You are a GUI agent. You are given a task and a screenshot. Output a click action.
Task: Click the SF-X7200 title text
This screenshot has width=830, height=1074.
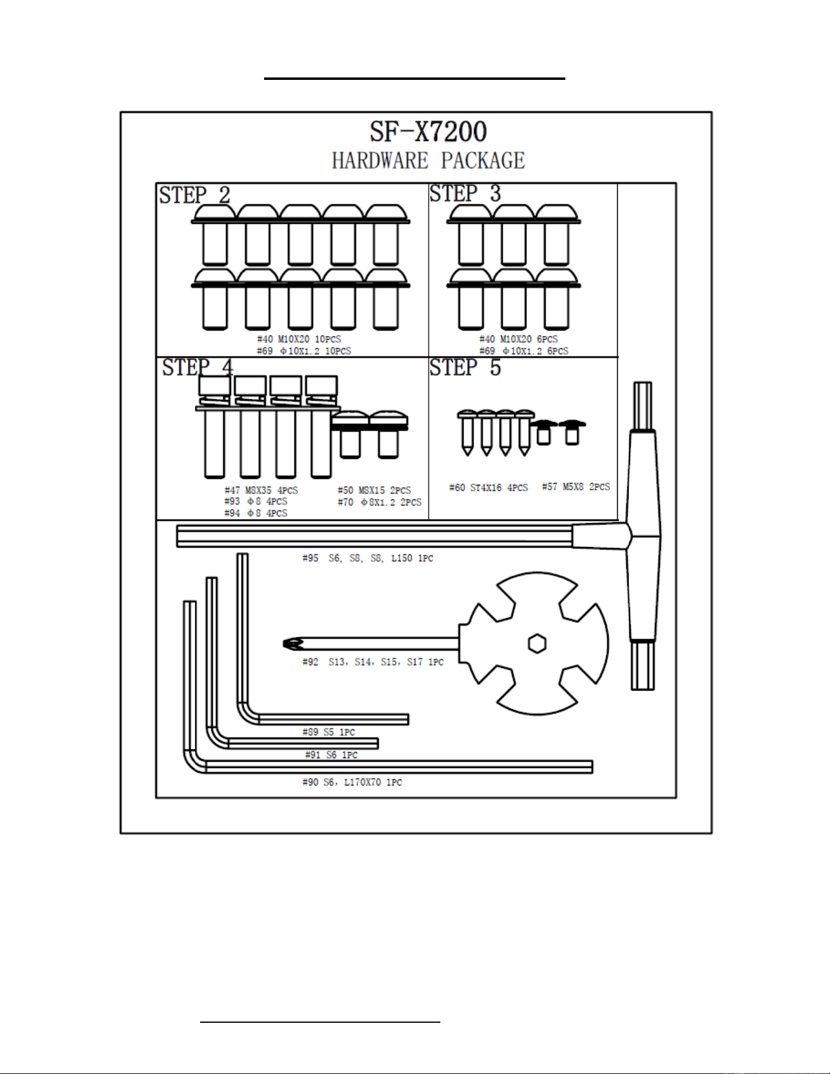[x=428, y=132]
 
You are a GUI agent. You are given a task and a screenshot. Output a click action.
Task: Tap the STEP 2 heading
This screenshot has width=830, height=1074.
[x=195, y=195]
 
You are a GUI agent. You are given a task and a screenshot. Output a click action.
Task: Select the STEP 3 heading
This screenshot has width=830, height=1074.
[x=465, y=193]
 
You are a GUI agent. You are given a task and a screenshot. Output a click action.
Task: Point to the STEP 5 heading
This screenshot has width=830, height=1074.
[x=465, y=367]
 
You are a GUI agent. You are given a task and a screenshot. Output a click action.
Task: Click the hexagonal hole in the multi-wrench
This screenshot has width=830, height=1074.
[x=537, y=643]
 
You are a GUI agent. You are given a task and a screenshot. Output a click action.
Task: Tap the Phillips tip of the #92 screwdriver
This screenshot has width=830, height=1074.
[x=293, y=643]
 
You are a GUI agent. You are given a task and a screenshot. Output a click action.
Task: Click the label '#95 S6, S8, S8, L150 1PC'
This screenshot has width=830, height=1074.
[x=368, y=558]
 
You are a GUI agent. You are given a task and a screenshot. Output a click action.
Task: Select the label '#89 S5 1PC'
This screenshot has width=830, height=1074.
[x=328, y=732]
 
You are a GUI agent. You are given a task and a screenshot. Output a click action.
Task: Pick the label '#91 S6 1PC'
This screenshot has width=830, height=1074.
[x=331, y=755]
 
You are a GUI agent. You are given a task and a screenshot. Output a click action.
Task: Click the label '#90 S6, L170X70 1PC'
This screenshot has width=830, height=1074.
[x=352, y=782]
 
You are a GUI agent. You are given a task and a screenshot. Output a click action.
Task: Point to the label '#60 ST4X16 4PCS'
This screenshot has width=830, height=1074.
[x=488, y=488]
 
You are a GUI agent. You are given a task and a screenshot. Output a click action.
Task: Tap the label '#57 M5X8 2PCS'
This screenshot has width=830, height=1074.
[x=576, y=487]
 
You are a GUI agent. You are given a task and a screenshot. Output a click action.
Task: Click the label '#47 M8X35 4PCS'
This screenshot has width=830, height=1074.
[x=261, y=490]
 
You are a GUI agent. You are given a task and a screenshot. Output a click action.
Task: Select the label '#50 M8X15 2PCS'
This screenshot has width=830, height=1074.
[x=374, y=490]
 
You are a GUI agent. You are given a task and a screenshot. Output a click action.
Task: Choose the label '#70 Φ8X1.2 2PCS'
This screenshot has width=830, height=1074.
[x=379, y=503]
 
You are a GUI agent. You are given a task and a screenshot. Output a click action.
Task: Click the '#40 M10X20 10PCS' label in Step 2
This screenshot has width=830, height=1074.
[x=299, y=339]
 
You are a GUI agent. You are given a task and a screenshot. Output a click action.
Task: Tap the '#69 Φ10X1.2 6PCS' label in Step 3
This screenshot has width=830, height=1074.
[x=523, y=351]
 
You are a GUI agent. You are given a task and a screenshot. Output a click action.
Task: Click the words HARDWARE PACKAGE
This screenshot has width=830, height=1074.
[x=428, y=160]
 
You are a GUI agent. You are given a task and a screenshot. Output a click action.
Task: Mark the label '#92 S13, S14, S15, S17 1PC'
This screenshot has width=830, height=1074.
[x=373, y=662]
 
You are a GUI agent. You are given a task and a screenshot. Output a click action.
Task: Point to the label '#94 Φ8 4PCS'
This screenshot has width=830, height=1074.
[x=256, y=514]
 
